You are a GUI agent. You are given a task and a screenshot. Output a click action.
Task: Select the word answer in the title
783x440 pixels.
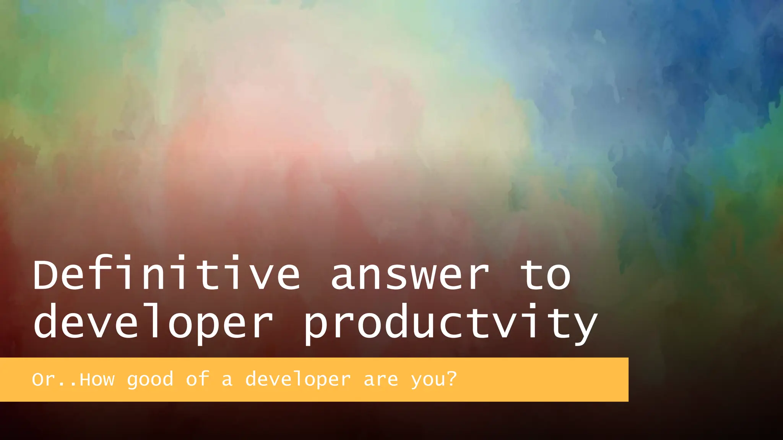410,276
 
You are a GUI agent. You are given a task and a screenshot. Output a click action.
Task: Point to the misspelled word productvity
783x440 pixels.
450,323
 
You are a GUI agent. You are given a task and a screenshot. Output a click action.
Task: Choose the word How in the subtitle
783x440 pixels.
97,380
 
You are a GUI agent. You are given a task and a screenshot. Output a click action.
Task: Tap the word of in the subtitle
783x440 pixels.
198,379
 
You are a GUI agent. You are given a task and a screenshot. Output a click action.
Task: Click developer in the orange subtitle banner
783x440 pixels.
298,380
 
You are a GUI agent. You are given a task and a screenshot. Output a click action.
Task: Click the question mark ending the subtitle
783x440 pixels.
452,379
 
